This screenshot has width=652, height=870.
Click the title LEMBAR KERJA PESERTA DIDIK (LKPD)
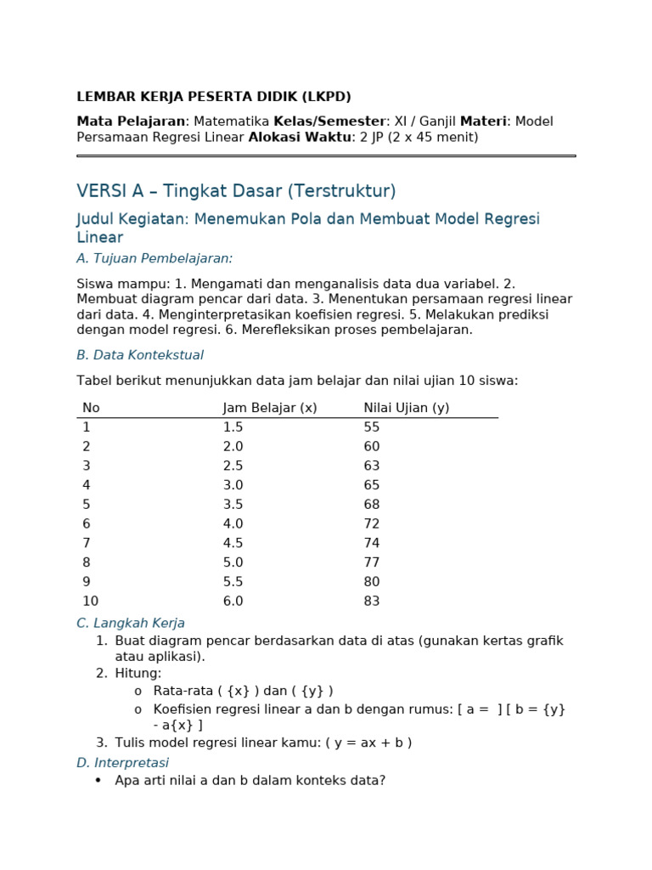pyautogui.click(x=214, y=97)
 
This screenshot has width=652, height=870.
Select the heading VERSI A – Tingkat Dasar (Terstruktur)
pyautogui.click(x=236, y=191)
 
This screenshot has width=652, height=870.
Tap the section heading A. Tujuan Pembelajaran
pyautogui.click(x=155, y=258)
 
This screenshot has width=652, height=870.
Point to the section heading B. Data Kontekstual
pyautogui.click(x=140, y=355)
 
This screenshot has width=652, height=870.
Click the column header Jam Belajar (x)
pyautogui.click(x=270, y=408)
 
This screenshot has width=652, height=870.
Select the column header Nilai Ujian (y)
pyautogui.click(x=407, y=408)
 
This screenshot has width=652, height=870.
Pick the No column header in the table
pyautogui.click(x=91, y=408)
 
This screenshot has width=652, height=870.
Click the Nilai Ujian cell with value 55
pyautogui.click(x=372, y=427)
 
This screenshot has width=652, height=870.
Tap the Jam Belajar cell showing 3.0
pyautogui.click(x=233, y=485)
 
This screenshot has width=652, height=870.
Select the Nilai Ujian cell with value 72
pyautogui.click(x=372, y=524)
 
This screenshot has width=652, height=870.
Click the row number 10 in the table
pyautogui.click(x=91, y=602)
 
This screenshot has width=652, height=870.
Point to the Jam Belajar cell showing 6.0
pyautogui.click(x=233, y=602)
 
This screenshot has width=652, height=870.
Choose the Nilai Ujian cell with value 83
pyautogui.click(x=372, y=602)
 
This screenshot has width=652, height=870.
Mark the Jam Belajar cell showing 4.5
pyautogui.click(x=233, y=544)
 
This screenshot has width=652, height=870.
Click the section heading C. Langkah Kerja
pyautogui.click(x=131, y=623)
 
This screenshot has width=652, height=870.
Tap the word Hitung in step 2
pyautogui.click(x=136, y=674)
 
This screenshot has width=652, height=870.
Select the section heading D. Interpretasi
pyautogui.click(x=123, y=763)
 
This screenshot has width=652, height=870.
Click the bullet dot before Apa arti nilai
pyautogui.click(x=98, y=780)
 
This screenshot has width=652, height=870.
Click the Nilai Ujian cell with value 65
pyautogui.click(x=372, y=485)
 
